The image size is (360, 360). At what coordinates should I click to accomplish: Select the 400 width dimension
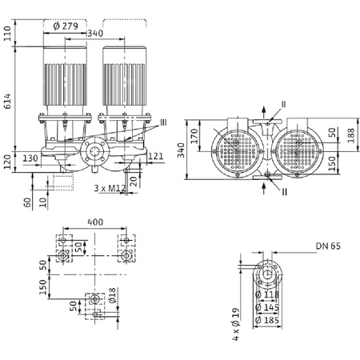coord(96,220)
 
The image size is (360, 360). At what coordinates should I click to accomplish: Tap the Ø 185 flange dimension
coord(271,319)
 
